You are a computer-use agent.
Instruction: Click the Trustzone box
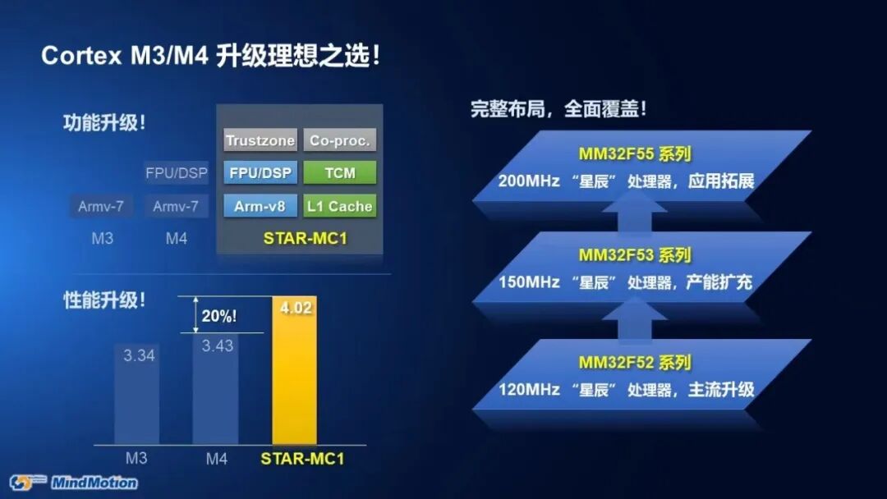pyautogui.click(x=260, y=140)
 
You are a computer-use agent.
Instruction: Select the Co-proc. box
pyautogui.click(x=340, y=140)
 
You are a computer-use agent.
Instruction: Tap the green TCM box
pyautogui.click(x=340, y=173)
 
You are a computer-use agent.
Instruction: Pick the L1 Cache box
pyautogui.click(x=340, y=206)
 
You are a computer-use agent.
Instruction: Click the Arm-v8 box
pyautogui.click(x=260, y=206)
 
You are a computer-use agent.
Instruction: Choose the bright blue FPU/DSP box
pyautogui.click(x=260, y=173)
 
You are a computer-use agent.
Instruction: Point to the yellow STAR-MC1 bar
pyautogui.click(x=294, y=378)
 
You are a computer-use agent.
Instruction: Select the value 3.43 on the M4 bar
pyautogui.click(x=218, y=346)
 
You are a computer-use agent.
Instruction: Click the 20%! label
pyautogui.click(x=219, y=315)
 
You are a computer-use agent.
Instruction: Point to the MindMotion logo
pyautogui.click(x=74, y=482)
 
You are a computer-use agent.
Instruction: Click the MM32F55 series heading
pyautogui.click(x=634, y=154)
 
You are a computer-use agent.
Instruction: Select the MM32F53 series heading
pyautogui.click(x=634, y=255)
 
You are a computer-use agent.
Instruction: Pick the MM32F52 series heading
pyautogui.click(x=634, y=362)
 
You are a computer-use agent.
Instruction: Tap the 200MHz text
pyautogui.click(x=526, y=181)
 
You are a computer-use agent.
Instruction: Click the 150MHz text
pyautogui.click(x=526, y=282)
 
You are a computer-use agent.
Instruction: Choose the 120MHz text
pyautogui.click(x=526, y=389)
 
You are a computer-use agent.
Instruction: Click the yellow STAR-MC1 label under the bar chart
pyautogui.click(x=301, y=459)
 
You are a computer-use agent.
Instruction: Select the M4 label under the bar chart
pyautogui.click(x=217, y=459)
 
